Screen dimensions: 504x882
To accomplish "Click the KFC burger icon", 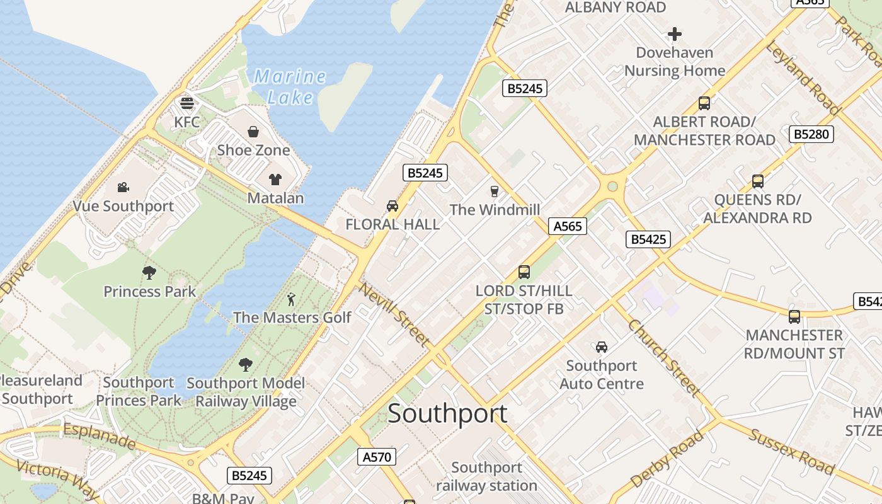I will [x=186, y=103].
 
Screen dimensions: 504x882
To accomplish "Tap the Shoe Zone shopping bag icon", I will [x=253, y=131].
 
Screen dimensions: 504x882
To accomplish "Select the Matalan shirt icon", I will [x=275, y=180].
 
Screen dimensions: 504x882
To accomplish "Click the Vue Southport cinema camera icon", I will [x=123, y=187].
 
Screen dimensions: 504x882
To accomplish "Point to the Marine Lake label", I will [x=290, y=87].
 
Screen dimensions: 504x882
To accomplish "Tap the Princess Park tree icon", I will [x=149, y=272].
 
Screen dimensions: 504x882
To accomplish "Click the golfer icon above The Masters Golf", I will [x=291, y=299].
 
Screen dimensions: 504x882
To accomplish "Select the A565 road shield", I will [x=567, y=226].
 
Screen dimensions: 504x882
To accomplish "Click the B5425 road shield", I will [x=648, y=239].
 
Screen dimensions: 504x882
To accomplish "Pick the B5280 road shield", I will [x=811, y=134].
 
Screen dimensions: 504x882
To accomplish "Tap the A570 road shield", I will [x=377, y=457].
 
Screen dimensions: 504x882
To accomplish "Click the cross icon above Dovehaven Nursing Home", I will [x=675, y=33].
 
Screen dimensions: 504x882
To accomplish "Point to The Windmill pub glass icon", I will [x=495, y=191].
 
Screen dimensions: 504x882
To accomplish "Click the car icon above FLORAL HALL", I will [x=392, y=205].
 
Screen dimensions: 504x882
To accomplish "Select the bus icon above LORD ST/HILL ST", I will [x=524, y=272].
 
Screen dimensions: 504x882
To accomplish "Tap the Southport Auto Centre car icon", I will [x=602, y=346].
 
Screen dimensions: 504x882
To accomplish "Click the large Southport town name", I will [x=447, y=413].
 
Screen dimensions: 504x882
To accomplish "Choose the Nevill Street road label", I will [x=394, y=314].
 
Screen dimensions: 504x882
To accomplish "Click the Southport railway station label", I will [x=486, y=476].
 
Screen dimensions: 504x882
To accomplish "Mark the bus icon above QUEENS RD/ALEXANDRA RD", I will [x=757, y=181].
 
